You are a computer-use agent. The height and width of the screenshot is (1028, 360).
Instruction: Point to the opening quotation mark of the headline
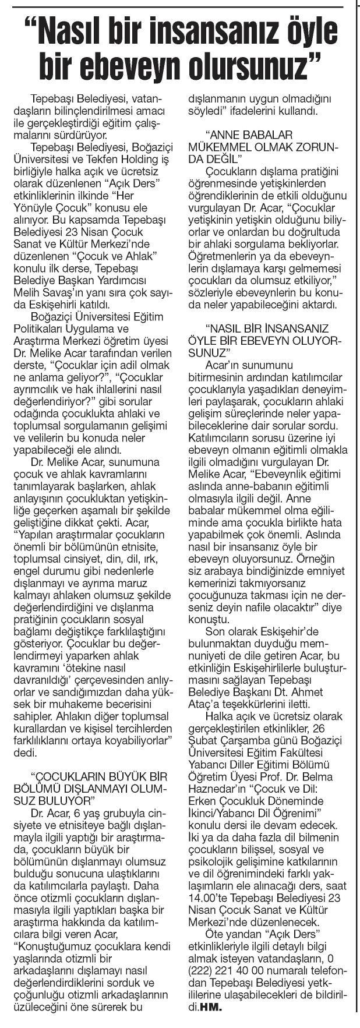point(34,26)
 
